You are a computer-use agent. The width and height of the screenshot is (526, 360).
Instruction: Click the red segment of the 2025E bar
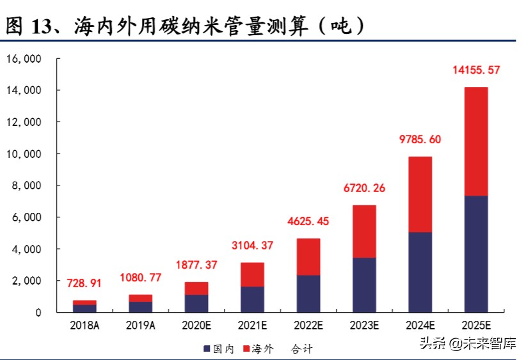(x=475, y=141)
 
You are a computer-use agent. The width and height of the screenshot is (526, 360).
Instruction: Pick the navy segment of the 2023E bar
(x=363, y=285)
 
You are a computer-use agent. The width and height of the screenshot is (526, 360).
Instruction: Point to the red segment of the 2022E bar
(x=308, y=257)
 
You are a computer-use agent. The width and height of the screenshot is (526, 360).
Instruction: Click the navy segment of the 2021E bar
(x=252, y=299)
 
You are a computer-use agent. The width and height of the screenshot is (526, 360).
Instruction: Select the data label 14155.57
(x=475, y=70)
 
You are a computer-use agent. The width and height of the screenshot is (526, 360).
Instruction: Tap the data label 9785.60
(x=419, y=139)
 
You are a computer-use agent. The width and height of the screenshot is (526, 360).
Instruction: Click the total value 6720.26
(x=363, y=188)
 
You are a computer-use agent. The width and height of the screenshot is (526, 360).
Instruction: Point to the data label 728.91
(x=84, y=283)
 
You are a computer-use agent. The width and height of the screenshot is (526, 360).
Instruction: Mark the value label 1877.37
(x=196, y=265)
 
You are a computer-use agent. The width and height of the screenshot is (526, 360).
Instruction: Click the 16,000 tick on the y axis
(x=24, y=59)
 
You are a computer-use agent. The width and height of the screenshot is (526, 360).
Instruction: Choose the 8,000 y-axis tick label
(x=26, y=186)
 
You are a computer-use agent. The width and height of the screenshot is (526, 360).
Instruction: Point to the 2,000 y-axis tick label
(x=26, y=281)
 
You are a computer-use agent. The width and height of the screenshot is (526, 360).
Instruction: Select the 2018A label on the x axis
(x=84, y=326)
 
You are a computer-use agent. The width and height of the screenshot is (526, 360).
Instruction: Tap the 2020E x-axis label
(x=196, y=326)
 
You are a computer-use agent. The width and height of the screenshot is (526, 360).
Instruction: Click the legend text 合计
(x=301, y=349)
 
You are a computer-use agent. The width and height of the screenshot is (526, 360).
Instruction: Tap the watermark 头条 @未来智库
(x=467, y=344)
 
